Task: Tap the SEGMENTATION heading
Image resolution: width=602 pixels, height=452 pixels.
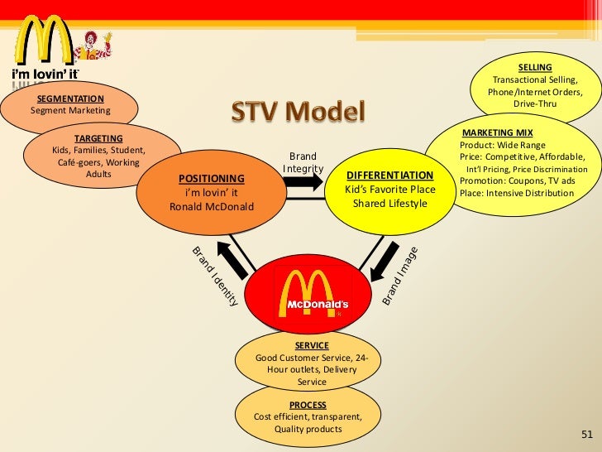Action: click(x=71, y=99)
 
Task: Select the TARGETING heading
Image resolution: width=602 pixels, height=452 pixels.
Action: click(x=98, y=138)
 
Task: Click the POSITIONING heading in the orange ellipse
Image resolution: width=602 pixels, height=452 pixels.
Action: click(x=212, y=178)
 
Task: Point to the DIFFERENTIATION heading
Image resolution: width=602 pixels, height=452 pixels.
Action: click(x=389, y=176)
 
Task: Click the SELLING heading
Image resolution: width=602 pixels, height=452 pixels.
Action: click(x=535, y=67)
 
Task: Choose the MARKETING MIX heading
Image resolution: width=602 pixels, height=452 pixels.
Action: click(x=497, y=132)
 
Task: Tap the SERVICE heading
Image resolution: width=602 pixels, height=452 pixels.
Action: click(x=312, y=345)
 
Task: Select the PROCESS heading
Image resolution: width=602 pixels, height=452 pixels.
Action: click(x=307, y=405)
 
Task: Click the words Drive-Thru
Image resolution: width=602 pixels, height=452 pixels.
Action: click(x=535, y=104)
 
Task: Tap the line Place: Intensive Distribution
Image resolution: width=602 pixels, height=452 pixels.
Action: click(x=516, y=193)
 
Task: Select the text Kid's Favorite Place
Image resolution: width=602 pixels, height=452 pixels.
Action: click(x=389, y=190)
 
